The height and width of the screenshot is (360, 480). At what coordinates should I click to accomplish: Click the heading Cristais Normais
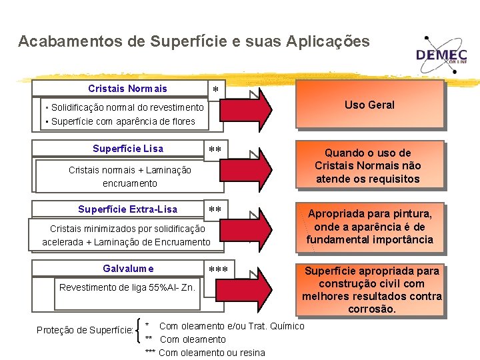tap(127, 89)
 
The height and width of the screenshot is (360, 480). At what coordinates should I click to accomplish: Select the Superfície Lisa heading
tap(128, 149)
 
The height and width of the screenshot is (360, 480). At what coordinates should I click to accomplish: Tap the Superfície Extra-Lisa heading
tap(127, 209)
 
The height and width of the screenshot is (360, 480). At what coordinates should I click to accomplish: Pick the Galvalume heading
tap(128, 269)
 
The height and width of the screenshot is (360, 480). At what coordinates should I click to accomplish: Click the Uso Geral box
tap(369, 105)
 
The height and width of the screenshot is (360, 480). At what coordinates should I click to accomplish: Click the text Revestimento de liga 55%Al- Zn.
tap(127, 288)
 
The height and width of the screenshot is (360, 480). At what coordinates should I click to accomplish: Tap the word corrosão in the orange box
tap(371, 309)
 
